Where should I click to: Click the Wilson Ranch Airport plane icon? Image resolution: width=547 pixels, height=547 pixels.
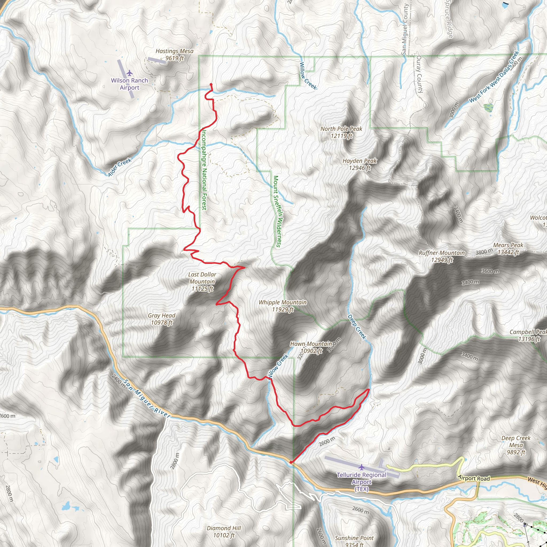point(130,73)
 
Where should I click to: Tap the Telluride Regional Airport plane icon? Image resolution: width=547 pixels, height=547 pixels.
point(361,467)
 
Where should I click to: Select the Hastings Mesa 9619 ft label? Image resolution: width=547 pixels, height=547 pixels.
point(174,55)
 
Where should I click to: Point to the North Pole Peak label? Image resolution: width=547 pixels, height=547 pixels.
point(341,132)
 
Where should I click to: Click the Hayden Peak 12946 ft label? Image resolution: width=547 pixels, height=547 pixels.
point(360,164)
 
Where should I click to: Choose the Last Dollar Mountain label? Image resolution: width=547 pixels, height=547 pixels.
point(202,282)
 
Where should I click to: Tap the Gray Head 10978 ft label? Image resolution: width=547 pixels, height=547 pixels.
point(162,319)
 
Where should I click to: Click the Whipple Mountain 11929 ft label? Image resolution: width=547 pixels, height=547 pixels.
point(283,306)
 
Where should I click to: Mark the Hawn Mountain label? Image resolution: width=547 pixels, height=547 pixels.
point(311,347)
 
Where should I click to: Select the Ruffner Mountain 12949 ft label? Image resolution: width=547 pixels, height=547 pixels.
point(442,256)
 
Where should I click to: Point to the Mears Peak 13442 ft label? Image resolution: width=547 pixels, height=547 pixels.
point(508,249)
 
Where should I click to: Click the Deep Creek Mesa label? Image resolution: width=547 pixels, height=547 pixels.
point(516,445)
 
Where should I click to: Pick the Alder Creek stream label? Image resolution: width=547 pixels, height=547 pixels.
point(120,167)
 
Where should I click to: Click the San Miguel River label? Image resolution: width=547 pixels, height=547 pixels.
point(147,399)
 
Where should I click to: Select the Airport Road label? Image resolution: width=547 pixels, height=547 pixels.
point(474,478)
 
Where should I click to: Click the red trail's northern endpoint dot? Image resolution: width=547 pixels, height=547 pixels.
point(211,84)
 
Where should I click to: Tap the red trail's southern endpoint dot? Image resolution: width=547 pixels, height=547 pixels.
point(291,462)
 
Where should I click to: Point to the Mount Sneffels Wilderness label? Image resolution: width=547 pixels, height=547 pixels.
point(277,211)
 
